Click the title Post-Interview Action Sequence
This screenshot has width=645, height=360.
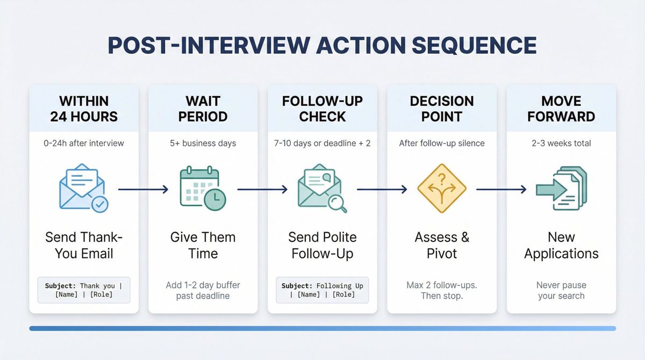(322, 46)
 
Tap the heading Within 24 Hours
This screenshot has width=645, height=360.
(84, 109)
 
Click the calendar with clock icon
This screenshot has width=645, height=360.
(203, 189)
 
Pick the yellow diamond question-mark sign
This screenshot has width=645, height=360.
(441, 189)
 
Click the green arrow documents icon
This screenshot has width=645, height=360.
(561, 189)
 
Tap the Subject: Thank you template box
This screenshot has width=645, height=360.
(84, 290)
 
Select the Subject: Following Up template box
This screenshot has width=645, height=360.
(322, 290)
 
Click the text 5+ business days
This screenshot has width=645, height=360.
(203, 143)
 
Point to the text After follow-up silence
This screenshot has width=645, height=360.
(442, 143)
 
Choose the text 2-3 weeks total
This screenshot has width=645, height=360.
(561, 143)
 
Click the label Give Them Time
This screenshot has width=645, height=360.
(203, 245)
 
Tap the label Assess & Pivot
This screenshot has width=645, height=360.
(442, 245)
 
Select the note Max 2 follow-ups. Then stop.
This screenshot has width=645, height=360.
(442, 290)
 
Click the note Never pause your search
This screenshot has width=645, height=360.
(561, 290)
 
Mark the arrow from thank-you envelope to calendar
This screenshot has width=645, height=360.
(143, 189)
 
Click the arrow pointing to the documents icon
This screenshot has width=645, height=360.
(501, 189)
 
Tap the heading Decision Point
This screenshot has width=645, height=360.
(442, 109)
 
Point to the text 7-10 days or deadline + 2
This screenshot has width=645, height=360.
(322, 143)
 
